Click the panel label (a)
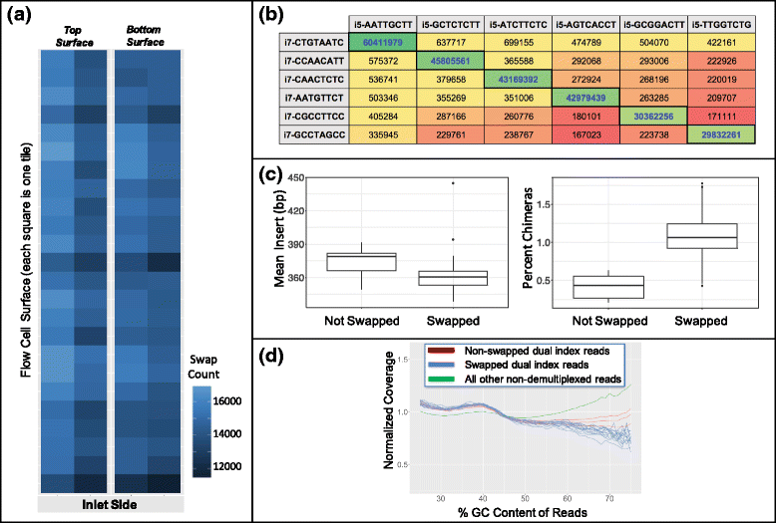tap(22, 17)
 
